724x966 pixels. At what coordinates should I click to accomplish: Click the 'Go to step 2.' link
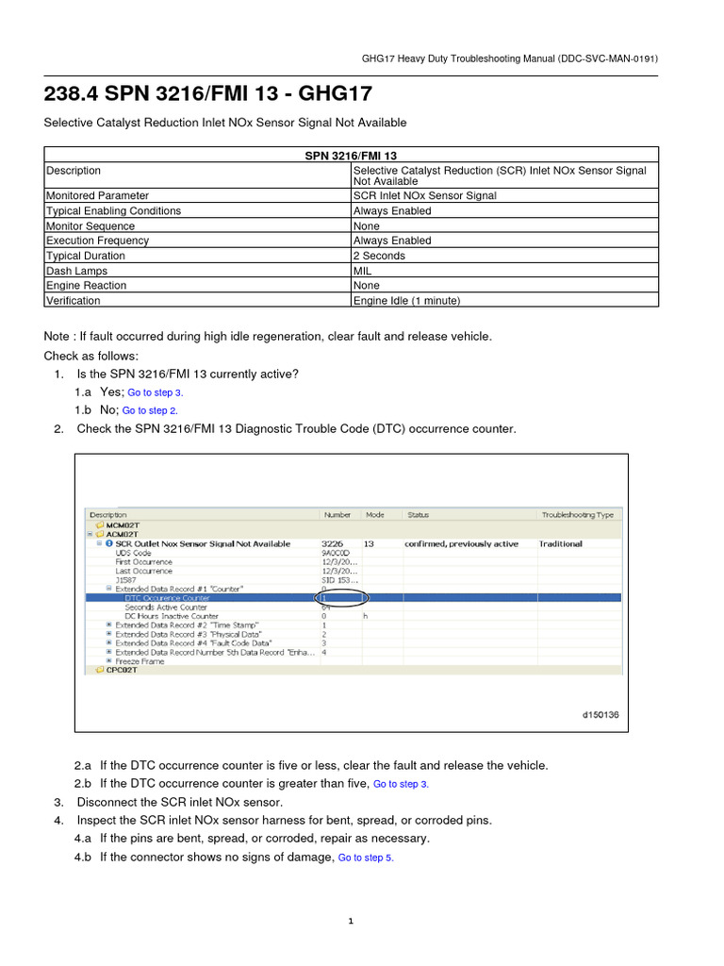coord(150,411)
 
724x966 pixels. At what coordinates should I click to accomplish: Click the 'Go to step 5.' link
coord(366,858)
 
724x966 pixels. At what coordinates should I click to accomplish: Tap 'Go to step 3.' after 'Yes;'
coord(155,392)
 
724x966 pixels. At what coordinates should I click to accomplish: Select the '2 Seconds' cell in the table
coord(379,256)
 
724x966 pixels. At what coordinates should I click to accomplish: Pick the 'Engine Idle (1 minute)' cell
coord(406,301)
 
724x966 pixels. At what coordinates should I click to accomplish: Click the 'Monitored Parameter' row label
coord(97,196)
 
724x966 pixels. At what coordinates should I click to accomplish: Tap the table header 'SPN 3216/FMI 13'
coord(352,154)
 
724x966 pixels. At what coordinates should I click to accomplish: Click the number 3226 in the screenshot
coord(333,544)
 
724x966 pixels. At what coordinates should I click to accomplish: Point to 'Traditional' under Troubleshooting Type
coord(560,544)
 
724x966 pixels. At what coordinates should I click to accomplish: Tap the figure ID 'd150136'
coord(600,715)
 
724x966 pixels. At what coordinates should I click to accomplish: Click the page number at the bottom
coord(351,922)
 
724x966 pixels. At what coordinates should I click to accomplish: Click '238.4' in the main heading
coord(73,94)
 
